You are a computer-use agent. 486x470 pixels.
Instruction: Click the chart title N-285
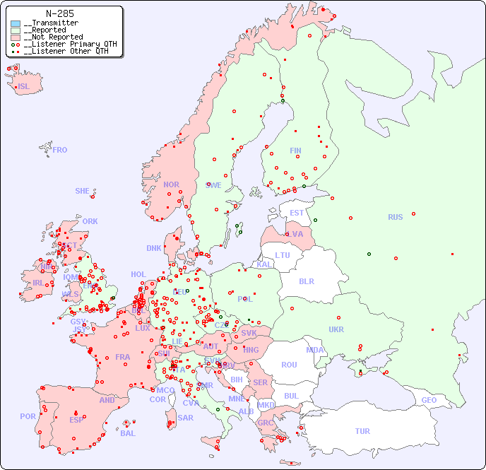point(59,13)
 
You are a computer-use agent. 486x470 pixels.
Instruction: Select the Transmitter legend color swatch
point(16,23)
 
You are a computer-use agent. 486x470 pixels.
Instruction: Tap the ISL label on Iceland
point(24,87)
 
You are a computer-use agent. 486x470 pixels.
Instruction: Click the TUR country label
point(362,431)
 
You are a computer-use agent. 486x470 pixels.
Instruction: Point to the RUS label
point(395,217)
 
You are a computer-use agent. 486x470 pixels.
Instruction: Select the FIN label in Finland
point(295,151)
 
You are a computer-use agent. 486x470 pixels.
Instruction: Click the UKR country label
point(336,329)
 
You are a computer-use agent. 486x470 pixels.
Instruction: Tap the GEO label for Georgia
point(429,400)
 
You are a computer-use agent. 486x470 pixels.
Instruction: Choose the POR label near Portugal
point(28,416)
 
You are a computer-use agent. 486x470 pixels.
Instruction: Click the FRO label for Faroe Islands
point(60,150)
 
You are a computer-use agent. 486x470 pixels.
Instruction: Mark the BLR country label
point(306,281)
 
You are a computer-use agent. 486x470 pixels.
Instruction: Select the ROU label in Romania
point(289,365)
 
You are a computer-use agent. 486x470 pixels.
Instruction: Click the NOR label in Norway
point(171,184)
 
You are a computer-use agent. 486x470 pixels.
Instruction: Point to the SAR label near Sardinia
point(185,418)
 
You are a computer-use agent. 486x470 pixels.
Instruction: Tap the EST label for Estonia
point(297,213)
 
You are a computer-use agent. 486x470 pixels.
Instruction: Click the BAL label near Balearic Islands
point(127,433)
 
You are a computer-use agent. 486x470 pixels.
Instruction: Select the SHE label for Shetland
point(83,191)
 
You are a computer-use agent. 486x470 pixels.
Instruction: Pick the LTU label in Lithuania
point(283,255)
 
